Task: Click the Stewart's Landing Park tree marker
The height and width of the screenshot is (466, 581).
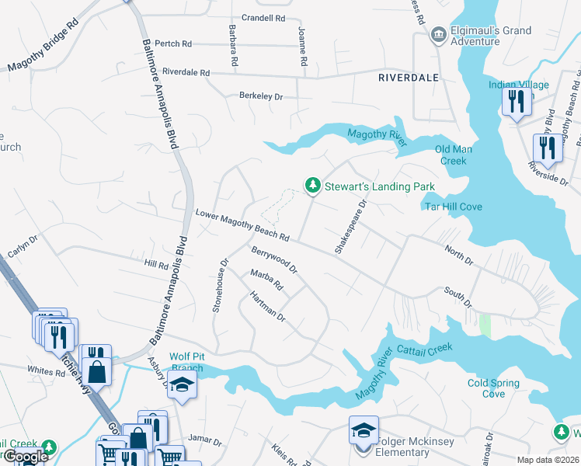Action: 312,185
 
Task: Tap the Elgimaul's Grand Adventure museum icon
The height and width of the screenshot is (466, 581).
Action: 438,35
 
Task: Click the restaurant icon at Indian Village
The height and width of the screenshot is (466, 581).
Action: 516,101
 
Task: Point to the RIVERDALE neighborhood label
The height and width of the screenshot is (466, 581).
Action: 408,78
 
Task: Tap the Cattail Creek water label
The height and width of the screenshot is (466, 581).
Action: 424,349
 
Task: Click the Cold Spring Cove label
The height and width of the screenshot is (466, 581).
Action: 496,388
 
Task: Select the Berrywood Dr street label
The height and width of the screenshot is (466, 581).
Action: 274,260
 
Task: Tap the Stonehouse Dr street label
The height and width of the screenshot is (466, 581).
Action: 220,286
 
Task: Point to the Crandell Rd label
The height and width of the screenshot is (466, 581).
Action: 263,17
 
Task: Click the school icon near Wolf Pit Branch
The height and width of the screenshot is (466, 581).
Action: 182,385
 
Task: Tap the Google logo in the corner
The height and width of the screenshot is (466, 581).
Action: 25,457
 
